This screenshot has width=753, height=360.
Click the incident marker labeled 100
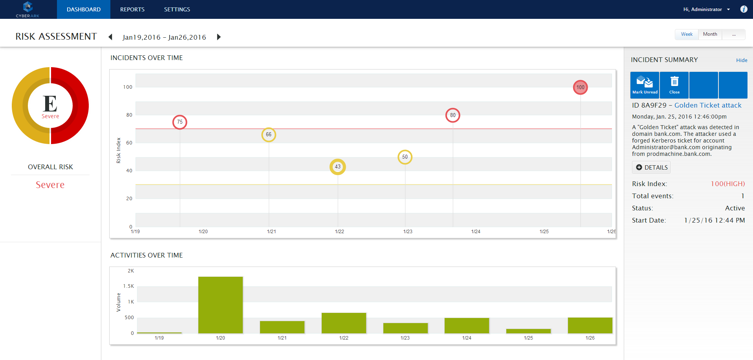click(580, 87)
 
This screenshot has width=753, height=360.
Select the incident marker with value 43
click(337, 167)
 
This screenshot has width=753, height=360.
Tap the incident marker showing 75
click(180, 122)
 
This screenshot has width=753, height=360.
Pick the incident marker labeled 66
click(269, 135)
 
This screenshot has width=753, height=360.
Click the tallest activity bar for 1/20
click(220, 305)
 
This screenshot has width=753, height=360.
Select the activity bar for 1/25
click(528, 331)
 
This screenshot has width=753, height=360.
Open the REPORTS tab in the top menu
click(132, 9)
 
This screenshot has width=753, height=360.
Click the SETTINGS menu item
click(177, 9)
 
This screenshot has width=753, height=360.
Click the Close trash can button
click(674, 85)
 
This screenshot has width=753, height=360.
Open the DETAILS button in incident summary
click(651, 167)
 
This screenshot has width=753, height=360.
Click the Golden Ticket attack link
click(708, 105)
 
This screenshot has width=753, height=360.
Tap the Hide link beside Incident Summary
click(742, 60)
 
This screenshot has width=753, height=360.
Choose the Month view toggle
click(710, 34)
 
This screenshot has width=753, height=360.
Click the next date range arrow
click(219, 37)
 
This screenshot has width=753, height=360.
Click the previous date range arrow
click(110, 37)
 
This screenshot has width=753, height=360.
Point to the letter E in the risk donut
click(50, 104)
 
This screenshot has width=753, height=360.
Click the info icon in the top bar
click(744, 9)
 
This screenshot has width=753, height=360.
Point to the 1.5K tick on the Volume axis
click(128, 286)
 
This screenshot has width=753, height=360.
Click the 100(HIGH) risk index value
click(727, 184)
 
